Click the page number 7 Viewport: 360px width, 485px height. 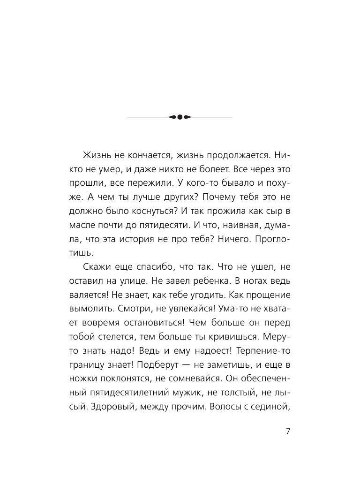pyautogui.click(x=288, y=432)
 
